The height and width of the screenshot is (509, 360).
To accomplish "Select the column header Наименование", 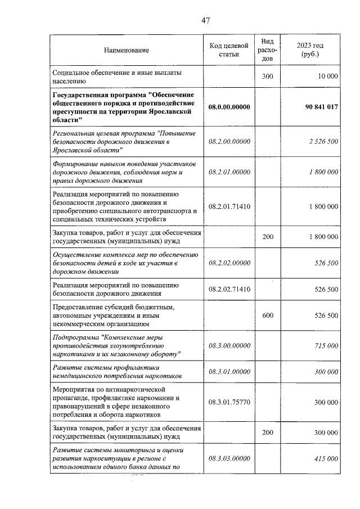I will click(x=127, y=51).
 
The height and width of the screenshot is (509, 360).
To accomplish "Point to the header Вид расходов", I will click(x=268, y=50).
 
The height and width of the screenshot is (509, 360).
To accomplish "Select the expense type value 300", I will click(x=268, y=76).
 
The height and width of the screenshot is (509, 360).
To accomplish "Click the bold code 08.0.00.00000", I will click(x=229, y=106).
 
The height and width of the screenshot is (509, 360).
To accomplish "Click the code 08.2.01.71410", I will click(x=229, y=206).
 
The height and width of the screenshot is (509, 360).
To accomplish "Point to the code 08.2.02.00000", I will click(x=229, y=262).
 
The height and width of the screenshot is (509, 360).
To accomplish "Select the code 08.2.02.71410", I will click(x=229, y=289).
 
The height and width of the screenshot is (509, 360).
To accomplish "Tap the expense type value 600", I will click(x=268, y=316).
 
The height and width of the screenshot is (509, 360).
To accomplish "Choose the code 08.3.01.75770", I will click(x=229, y=402).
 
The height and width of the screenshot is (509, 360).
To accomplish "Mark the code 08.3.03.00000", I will click(x=229, y=459).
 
